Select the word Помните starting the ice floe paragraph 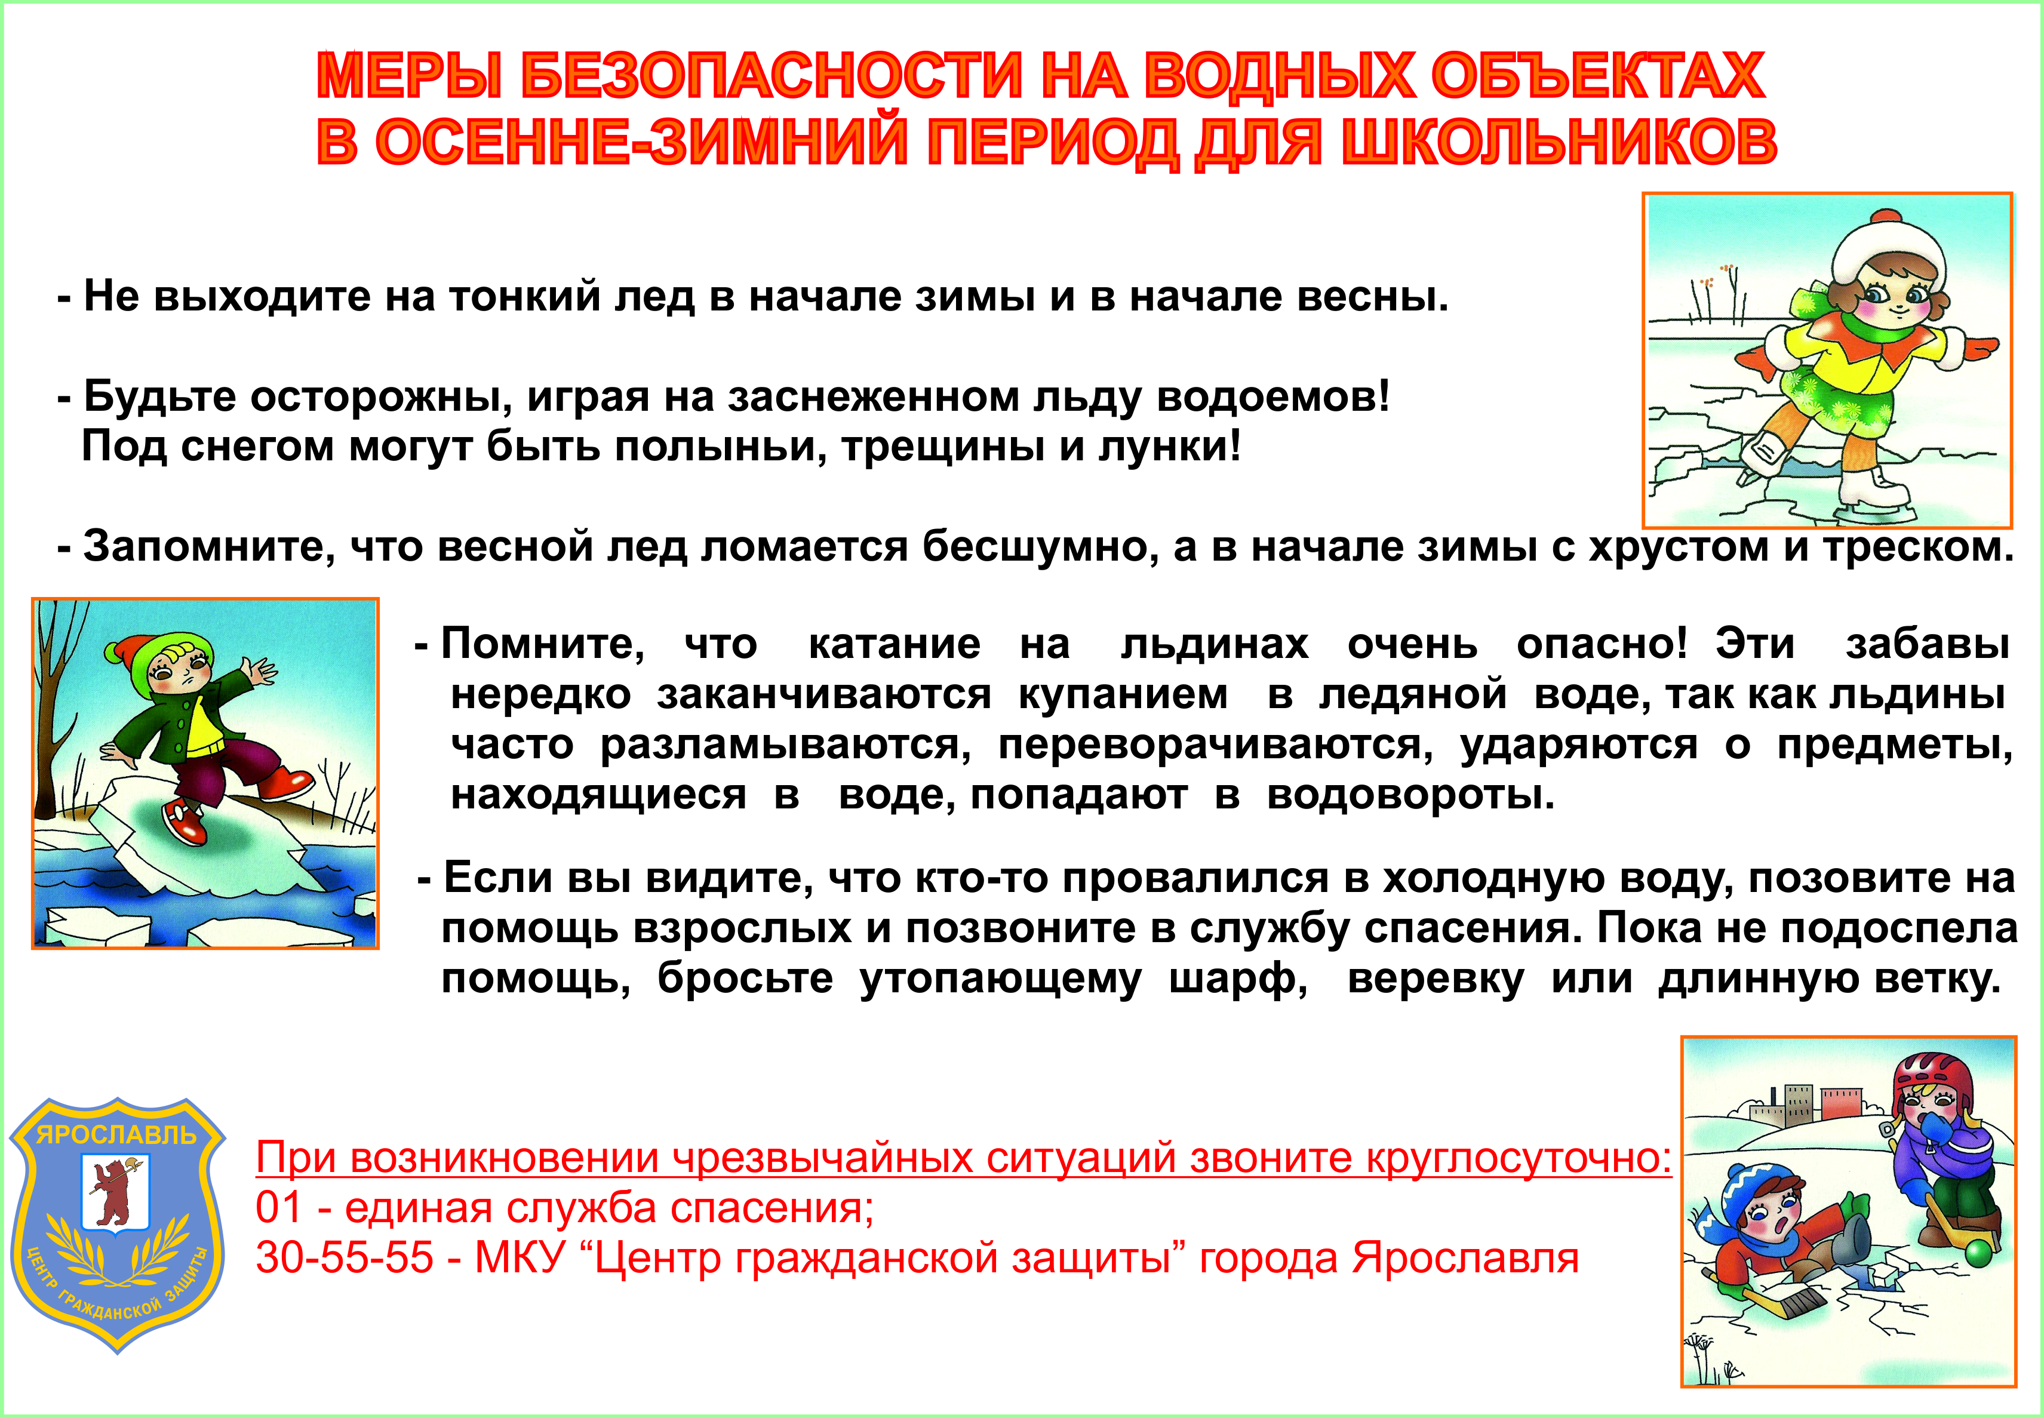coord(542,643)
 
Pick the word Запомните coord(209,546)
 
